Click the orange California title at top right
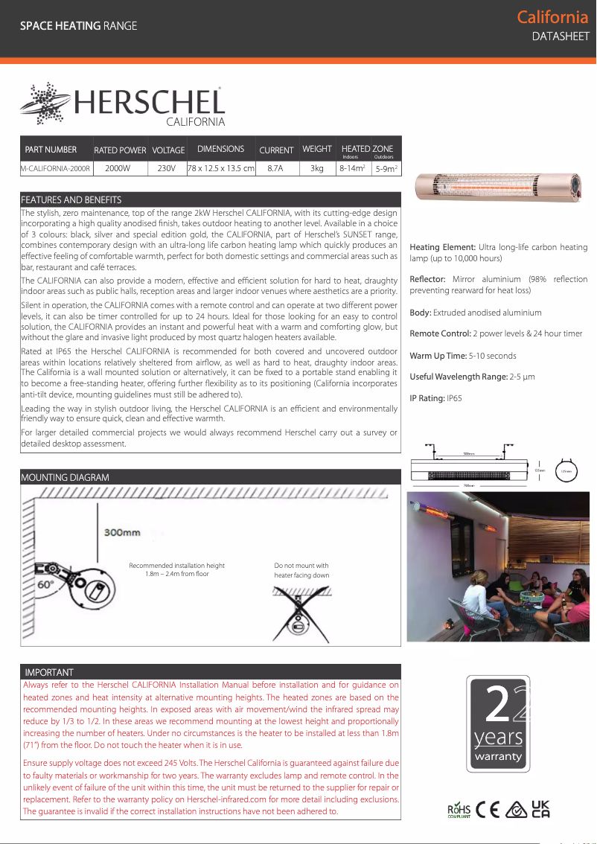pyautogui.click(x=552, y=17)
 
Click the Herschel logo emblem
pyautogui.click(x=45, y=104)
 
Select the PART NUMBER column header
pyautogui.click(x=51, y=150)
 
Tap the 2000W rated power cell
pyautogui.click(x=118, y=169)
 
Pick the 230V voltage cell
pyautogui.click(x=167, y=169)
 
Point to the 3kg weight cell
pyautogui.click(x=316, y=169)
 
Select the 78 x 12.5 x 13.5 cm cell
pyautogui.click(x=221, y=169)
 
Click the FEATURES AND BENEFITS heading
pyautogui.click(x=71, y=200)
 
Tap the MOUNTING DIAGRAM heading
pyautogui.click(x=65, y=477)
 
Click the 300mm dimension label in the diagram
pyautogui.click(x=122, y=533)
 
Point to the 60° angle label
pyautogui.click(x=46, y=585)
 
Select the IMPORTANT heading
pyautogui.click(x=49, y=672)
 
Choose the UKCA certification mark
pyautogui.click(x=541, y=810)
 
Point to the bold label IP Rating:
pyautogui.click(x=427, y=398)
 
